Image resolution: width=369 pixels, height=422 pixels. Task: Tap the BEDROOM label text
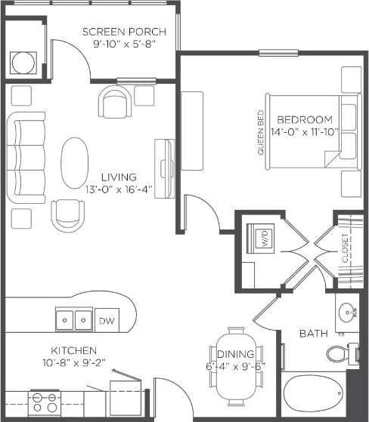tap(304, 119)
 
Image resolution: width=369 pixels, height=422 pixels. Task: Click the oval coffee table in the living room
tap(73, 162)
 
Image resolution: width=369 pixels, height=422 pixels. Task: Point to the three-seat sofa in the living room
tap(26, 159)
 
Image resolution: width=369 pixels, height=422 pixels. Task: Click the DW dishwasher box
tap(105, 321)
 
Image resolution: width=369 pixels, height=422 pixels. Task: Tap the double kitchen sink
tap(74, 321)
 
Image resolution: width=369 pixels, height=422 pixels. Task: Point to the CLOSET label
tap(345, 247)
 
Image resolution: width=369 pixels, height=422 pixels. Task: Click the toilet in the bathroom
tap(340, 353)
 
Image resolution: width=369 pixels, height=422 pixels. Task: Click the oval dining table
tap(237, 365)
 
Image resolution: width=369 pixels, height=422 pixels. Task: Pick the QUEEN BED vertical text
tap(261, 133)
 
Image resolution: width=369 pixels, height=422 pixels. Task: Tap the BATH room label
tap(312, 333)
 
